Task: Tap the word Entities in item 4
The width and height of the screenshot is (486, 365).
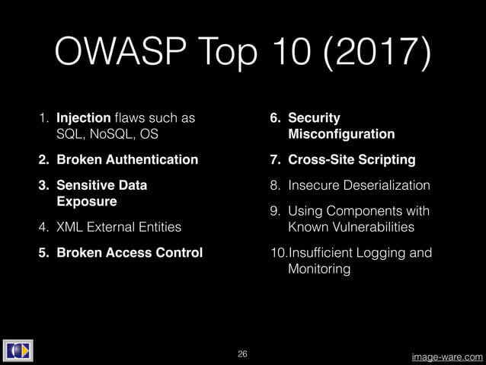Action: click(x=156, y=226)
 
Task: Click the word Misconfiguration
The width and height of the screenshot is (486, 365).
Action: click(x=342, y=134)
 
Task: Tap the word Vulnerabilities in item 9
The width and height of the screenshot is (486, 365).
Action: click(x=370, y=226)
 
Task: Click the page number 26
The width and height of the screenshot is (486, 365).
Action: click(x=243, y=354)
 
